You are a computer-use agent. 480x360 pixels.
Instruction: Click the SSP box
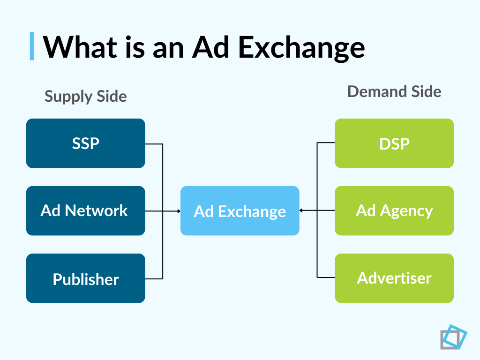(85, 143)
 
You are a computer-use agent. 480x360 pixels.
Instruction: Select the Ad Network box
(85, 210)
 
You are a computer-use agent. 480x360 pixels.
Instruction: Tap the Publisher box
(85, 278)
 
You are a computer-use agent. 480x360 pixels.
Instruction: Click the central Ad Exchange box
(240, 211)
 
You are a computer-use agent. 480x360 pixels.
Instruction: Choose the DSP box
(394, 143)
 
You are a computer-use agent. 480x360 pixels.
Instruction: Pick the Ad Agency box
(394, 210)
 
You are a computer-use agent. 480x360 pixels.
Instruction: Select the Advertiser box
(394, 278)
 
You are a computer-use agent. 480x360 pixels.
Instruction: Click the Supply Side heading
(85, 97)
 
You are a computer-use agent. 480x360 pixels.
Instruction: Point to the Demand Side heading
(394, 91)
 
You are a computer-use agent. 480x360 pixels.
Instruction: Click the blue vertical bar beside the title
(32, 46)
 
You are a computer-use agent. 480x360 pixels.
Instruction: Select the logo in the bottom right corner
(453, 337)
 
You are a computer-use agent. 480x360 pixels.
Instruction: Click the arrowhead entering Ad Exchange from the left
(179, 211)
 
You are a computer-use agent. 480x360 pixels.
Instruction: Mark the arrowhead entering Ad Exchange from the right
(301, 211)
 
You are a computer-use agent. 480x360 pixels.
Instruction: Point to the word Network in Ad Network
(97, 210)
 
